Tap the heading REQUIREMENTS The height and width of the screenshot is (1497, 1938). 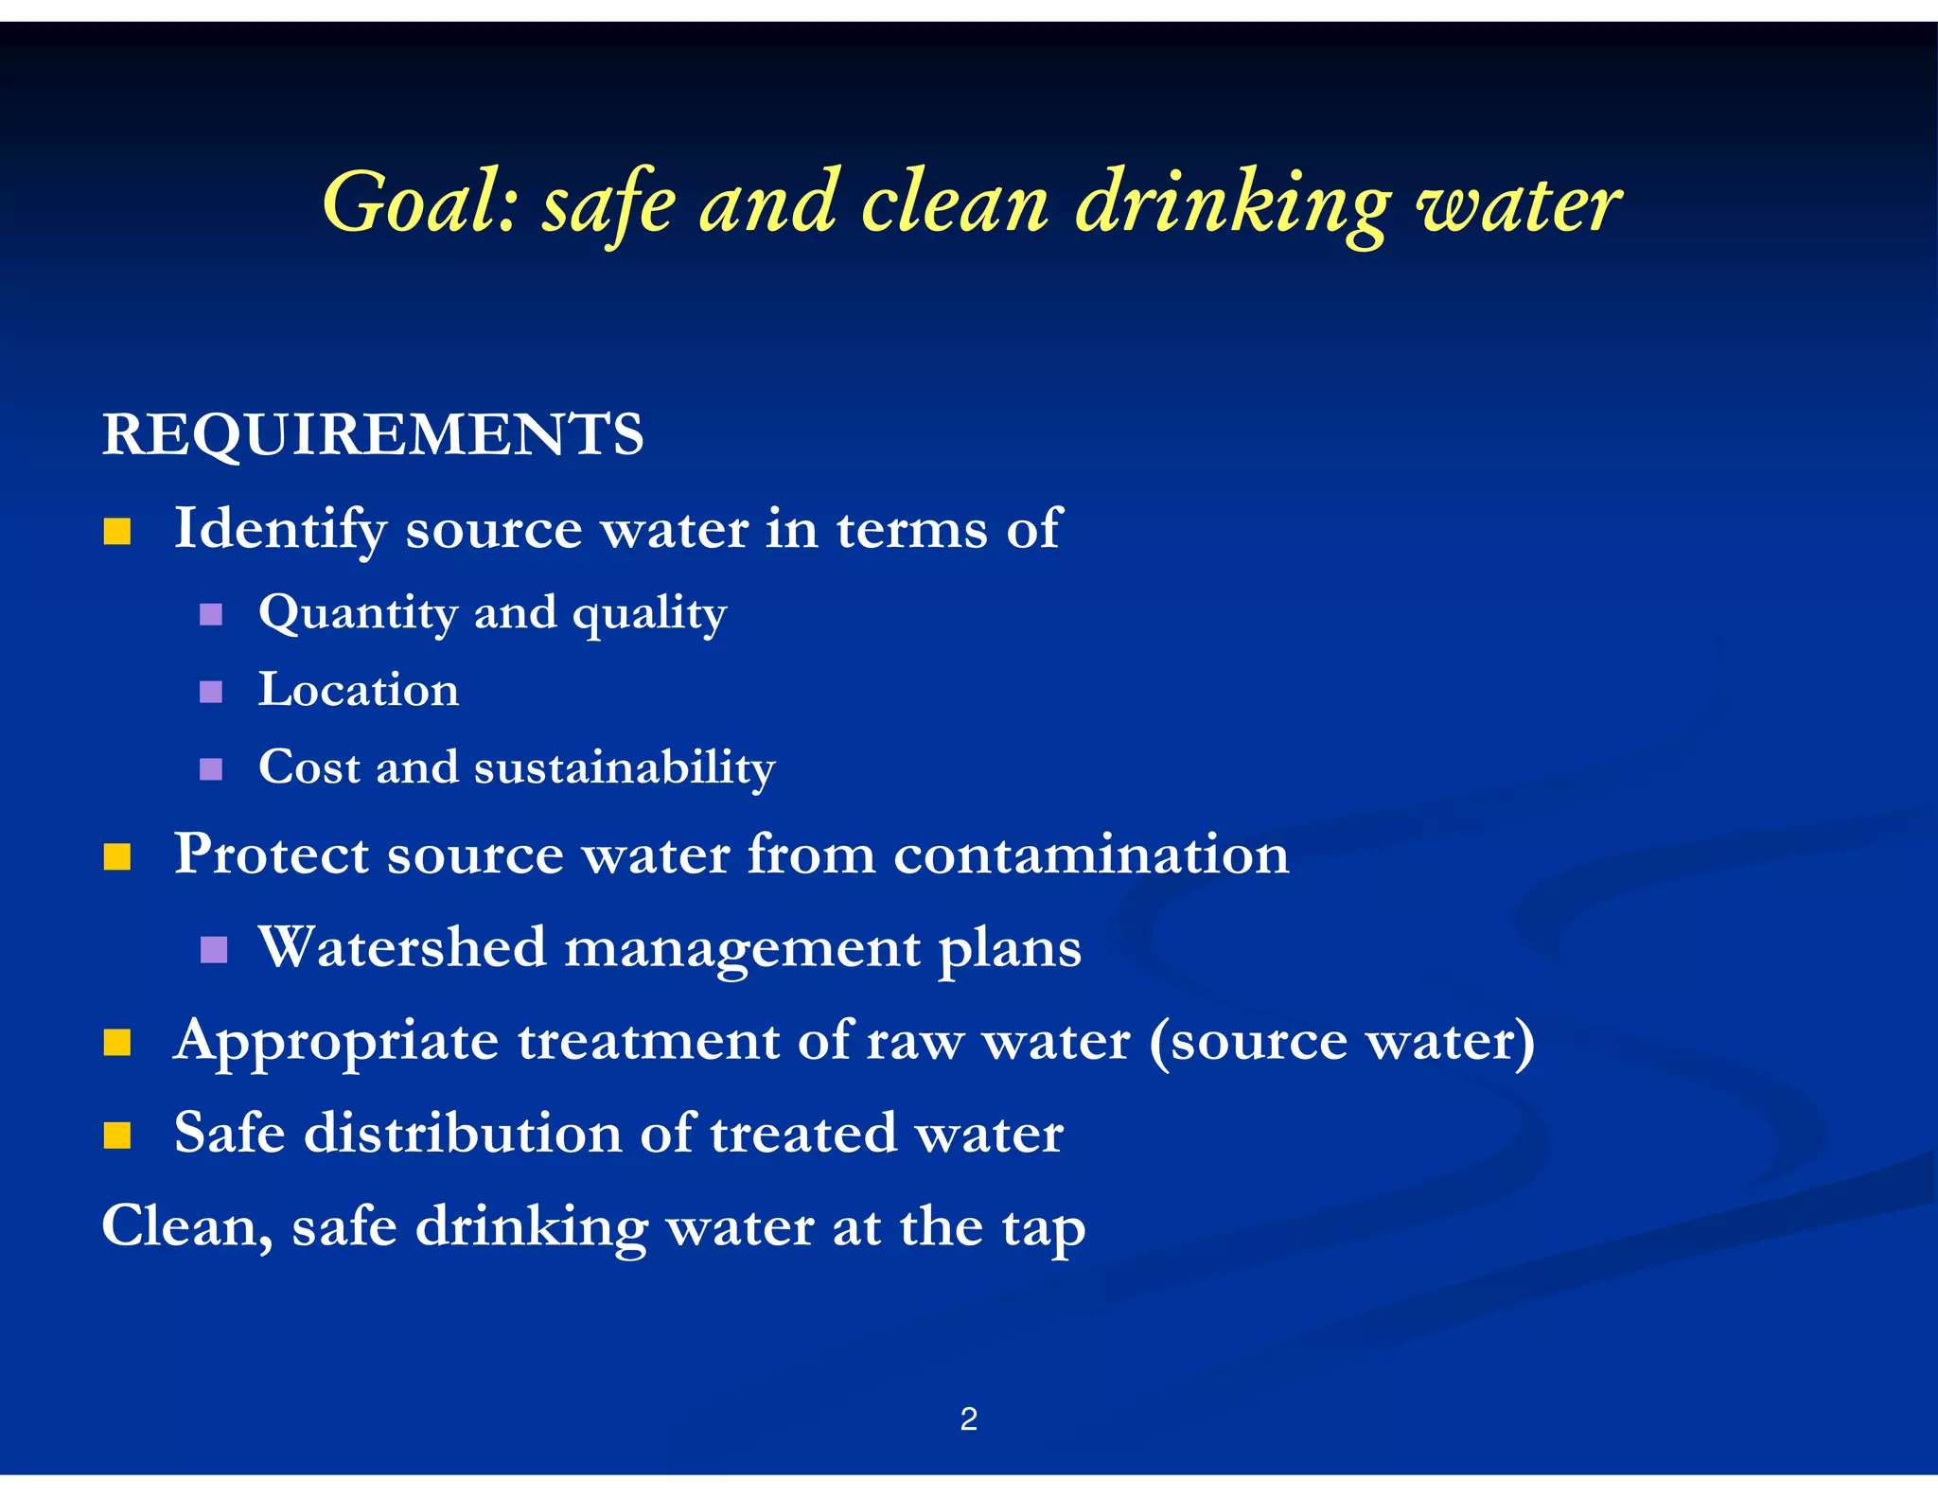pos(373,435)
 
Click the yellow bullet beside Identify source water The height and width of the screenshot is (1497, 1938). pos(117,532)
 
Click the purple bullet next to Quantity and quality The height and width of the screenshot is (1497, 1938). pos(211,615)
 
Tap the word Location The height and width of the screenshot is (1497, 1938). pos(359,689)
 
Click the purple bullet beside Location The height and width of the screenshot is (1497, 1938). pos(211,692)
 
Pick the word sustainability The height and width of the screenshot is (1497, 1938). pos(625,766)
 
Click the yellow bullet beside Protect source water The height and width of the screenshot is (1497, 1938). pos(117,857)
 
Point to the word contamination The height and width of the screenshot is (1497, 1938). pos(1091,854)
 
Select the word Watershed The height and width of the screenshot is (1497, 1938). pos(403,947)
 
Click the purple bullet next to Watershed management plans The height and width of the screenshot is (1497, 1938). pos(214,949)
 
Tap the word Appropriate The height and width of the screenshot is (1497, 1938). pos(336,1042)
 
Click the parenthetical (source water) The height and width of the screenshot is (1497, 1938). pos(1341,1042)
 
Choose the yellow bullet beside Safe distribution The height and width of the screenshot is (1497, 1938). pos(117,1135)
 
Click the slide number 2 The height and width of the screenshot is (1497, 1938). pos(968,1419)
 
